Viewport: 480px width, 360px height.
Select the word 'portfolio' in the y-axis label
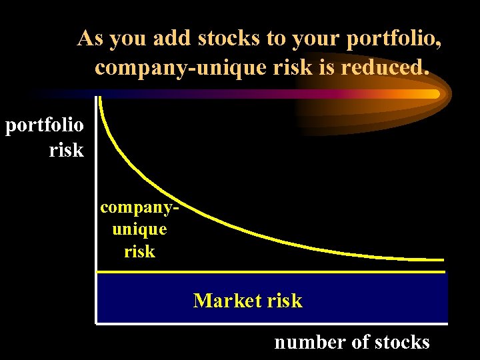click(x=45, y=126)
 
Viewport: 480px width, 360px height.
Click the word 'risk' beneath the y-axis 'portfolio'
click(x=66, y=150)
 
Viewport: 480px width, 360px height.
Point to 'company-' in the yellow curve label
click(x=140, y=207)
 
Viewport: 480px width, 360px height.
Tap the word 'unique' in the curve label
click(x=140, y=229)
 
